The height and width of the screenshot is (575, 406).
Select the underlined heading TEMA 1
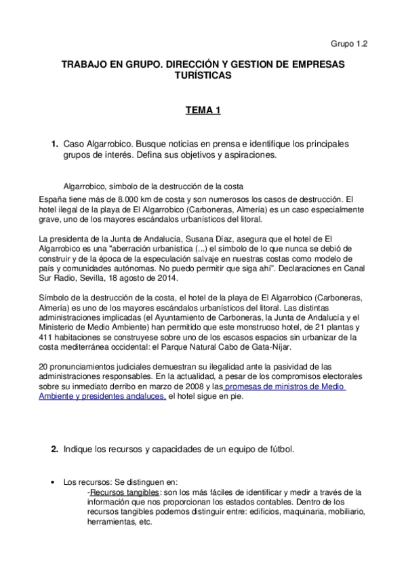[203, 110]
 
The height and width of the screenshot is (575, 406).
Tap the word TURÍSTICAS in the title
[203, 77]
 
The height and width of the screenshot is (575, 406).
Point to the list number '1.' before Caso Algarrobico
[54, 144]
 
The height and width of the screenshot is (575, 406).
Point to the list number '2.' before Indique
[54, 450]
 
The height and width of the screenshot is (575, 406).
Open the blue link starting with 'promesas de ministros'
[285, 387]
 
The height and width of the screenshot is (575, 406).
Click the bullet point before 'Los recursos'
[54, 482]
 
